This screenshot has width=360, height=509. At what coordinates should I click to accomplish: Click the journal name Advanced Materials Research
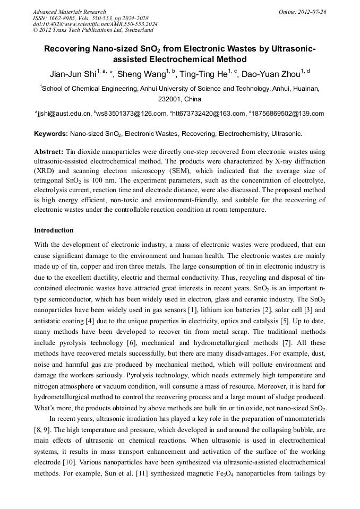(x=69, y=12)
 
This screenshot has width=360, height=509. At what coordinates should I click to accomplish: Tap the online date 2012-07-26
(x=313, y=12)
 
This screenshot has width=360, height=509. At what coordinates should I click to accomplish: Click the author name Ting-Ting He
(x=203, y=74)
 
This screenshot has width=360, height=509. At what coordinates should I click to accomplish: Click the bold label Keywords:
(x=50, y=134)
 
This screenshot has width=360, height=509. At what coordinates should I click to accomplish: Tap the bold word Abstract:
(x=49, y=152)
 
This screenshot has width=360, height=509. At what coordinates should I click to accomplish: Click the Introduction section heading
(x=54, y=230)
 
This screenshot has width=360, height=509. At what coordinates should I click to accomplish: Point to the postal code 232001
(x=170, y=99)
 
